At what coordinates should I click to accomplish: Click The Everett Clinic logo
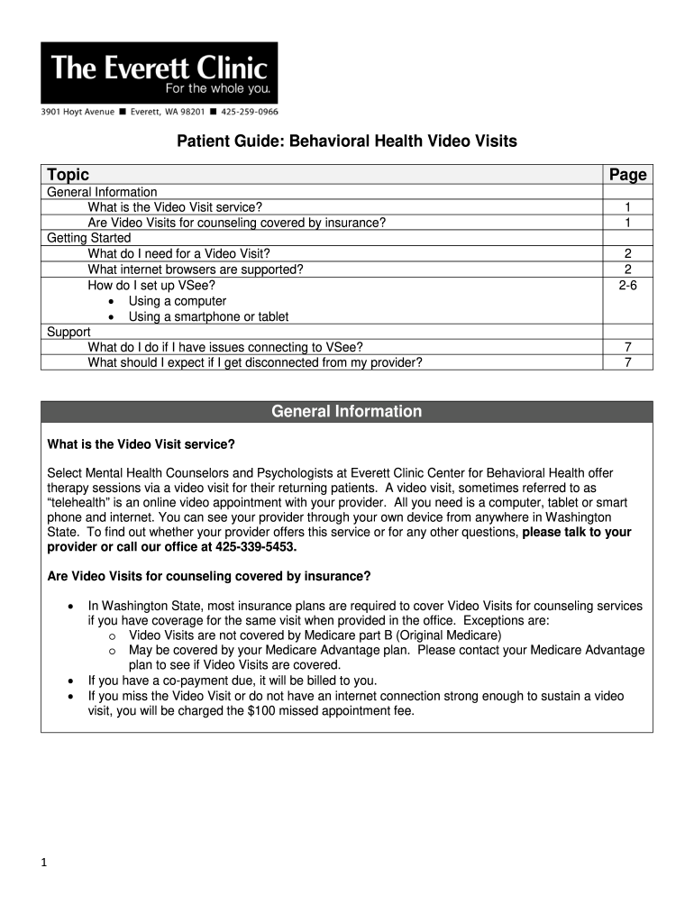159,72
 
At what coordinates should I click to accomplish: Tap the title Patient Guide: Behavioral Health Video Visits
345,142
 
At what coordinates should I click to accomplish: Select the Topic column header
68,175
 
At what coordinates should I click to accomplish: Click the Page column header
627,175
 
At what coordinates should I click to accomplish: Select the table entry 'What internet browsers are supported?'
195,270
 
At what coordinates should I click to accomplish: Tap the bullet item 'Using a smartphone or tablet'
208,316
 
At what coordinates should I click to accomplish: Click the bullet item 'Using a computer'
177,301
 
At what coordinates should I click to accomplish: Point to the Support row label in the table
70,332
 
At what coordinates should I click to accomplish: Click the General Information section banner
346,412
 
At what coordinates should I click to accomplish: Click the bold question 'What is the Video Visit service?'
141,444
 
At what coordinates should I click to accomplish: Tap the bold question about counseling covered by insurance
208,576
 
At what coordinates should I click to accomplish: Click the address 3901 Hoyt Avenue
77,112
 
